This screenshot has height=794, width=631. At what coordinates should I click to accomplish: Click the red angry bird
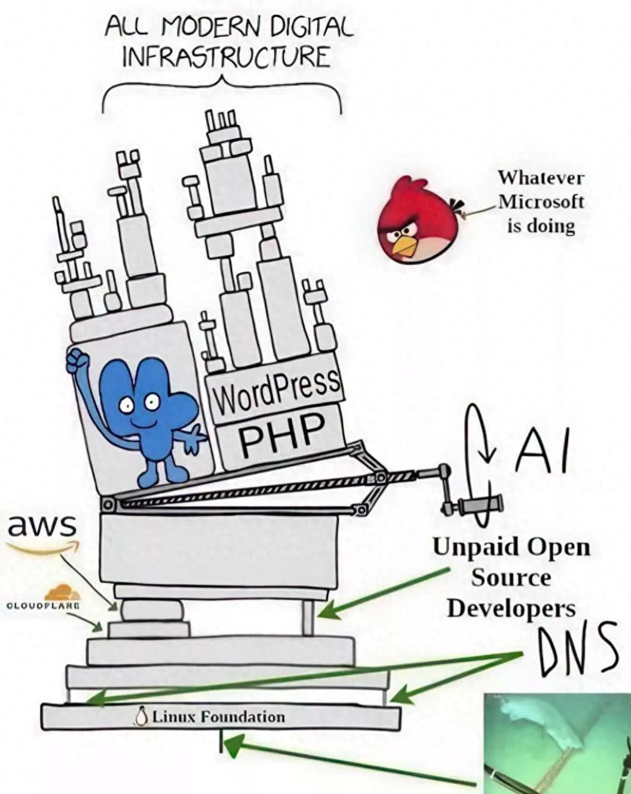[419, 219]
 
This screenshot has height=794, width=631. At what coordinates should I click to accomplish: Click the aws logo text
[42, 526]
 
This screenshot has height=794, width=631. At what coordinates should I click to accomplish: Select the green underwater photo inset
[557, 743]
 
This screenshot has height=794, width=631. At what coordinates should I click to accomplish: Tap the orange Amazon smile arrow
[45, 548]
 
